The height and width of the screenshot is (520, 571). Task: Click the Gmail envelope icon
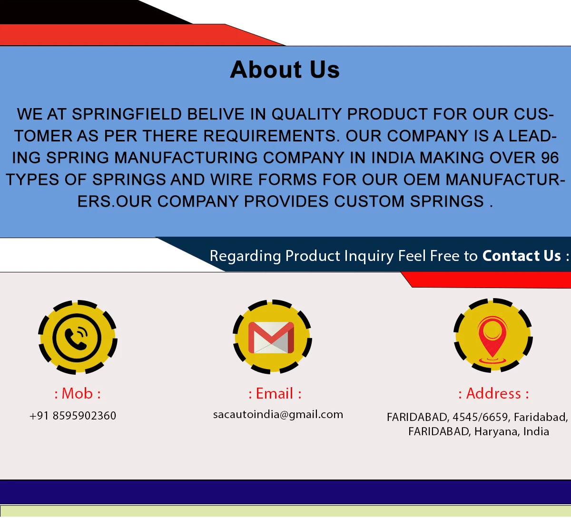[271, 337]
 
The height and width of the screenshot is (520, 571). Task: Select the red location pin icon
[492, 340]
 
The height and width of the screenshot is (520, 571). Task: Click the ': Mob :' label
[78, 393]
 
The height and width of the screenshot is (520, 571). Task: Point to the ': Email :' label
[275, 393]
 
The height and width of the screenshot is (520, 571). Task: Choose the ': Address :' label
[493, 393]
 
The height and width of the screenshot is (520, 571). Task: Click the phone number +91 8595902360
[73, 416]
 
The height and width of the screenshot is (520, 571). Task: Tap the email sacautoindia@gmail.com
[278, 415]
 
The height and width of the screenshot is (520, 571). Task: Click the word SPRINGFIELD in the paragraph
[127, 114]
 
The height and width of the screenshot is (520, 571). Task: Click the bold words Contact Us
[522, 256]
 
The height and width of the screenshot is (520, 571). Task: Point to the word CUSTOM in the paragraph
[369, 201]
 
